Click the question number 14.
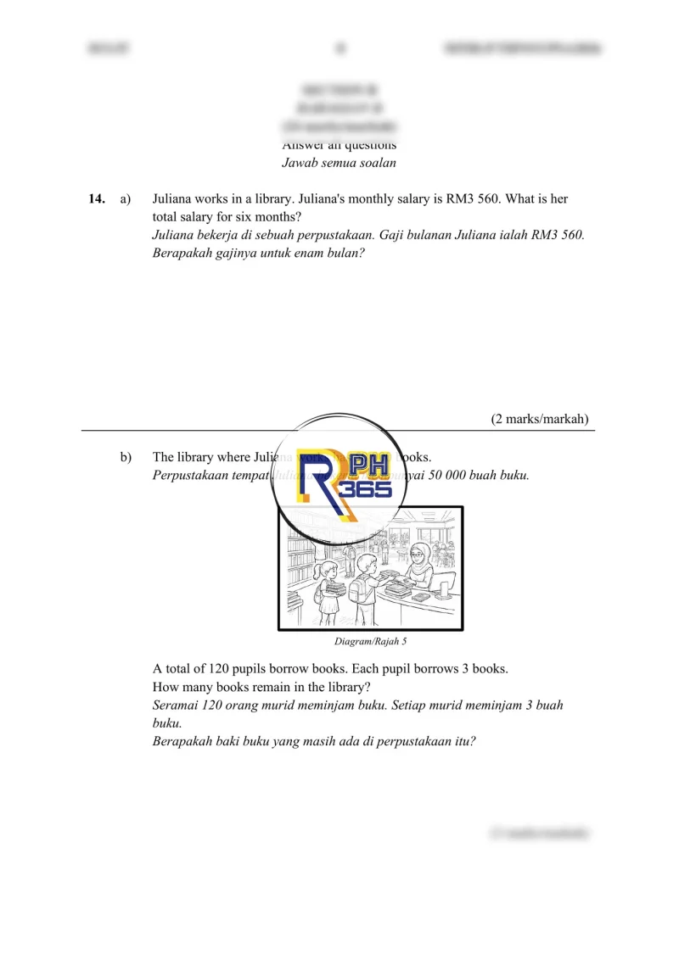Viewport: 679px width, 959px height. [x=96, y=199]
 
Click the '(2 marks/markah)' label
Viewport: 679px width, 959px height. [x=540, y=419]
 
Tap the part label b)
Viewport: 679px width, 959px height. [x=126, y=458]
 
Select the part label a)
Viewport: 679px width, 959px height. [x=126, y=199]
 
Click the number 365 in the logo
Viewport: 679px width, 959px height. [x=366, y=489]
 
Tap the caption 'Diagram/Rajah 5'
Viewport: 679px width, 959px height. [x=370, y=641]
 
